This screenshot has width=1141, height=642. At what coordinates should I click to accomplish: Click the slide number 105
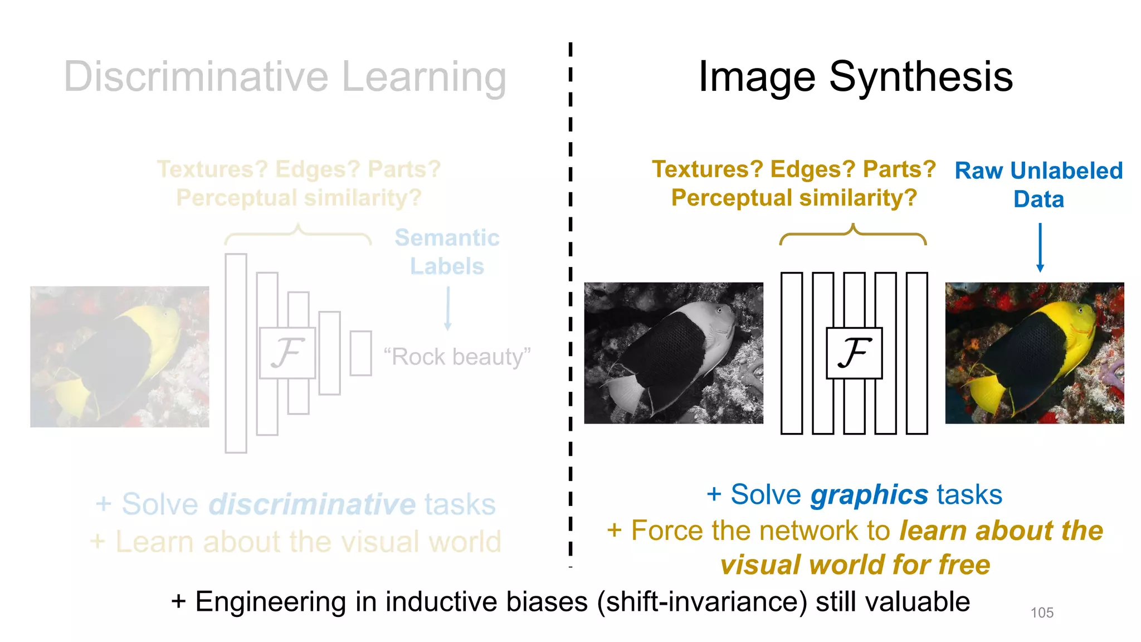coord(1042,612)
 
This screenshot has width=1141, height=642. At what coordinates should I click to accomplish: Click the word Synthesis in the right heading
coord(921,76)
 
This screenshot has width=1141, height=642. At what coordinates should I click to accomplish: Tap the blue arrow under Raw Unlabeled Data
coord(1040,247)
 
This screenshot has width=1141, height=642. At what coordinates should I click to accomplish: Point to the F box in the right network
coord(854,353)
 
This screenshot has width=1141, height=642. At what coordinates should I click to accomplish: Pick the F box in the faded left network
coord(287,353)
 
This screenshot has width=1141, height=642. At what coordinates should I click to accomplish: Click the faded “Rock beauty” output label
coord(457,357)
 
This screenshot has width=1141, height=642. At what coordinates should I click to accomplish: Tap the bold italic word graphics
coord(869,495)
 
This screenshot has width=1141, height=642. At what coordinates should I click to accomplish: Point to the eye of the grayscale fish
coord(720,310)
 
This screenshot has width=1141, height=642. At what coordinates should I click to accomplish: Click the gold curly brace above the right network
coord(852,235)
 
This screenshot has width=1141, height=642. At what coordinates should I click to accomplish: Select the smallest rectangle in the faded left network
coord(360,353)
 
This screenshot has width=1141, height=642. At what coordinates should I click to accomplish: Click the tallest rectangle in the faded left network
coord(236,353)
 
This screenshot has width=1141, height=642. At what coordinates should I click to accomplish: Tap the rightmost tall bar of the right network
coord(916,353)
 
